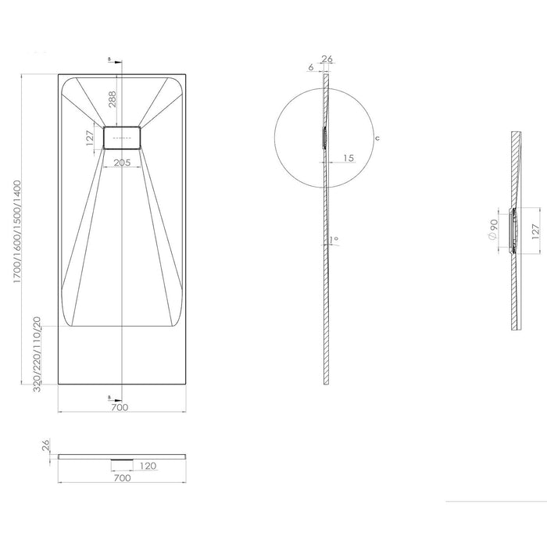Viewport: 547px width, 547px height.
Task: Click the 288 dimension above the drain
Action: coord(112,99)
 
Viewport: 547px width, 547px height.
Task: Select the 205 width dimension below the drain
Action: coord(122,163)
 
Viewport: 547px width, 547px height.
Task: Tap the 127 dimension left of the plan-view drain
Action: coord(90,138)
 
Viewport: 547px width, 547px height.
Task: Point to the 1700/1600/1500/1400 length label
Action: coord(17,231)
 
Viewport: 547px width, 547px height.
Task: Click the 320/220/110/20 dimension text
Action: coord(37,354)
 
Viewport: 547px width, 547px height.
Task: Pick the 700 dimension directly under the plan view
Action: coord(120,407)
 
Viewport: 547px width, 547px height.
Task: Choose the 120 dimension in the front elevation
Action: coord(148,466)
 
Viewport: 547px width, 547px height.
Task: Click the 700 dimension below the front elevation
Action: coord(123,477)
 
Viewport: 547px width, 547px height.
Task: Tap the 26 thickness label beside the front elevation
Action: coord(46,445)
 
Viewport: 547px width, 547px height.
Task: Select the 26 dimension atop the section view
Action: coord(327,59)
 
